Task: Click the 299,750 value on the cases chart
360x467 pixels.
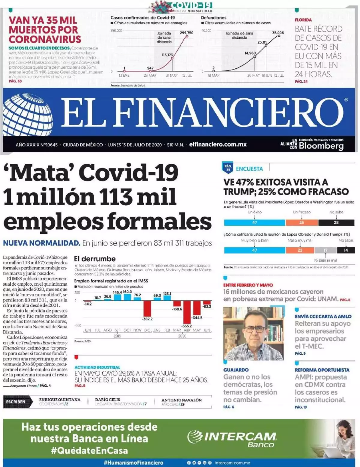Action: [x=187, y=33]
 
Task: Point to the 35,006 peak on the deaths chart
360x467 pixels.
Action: [x=278, y=33]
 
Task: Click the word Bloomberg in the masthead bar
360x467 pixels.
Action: [x=321, y=146]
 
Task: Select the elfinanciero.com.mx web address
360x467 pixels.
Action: [x=218, y=144]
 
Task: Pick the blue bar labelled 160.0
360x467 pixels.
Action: [x=127, y=297]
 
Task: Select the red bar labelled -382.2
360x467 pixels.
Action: [x=147, y=308]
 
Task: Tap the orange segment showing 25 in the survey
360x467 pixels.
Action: [x=301, y=222]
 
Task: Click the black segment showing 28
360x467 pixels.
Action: [x=336, y=222]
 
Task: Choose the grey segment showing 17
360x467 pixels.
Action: [x=325, y=250]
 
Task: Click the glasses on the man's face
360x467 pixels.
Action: [x=253, y=329]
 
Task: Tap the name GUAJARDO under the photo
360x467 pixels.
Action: [x=236, y=370]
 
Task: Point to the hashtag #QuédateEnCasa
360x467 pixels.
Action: [x=89, y=451]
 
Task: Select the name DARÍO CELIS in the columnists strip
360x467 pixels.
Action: [x=107, y=400]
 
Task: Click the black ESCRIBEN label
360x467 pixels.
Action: [x=16, y=402]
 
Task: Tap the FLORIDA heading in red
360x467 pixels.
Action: [x=303, y=20]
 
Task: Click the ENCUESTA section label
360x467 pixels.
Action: [x=249, y=169]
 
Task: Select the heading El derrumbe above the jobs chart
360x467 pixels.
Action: [x=95, y=259]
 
